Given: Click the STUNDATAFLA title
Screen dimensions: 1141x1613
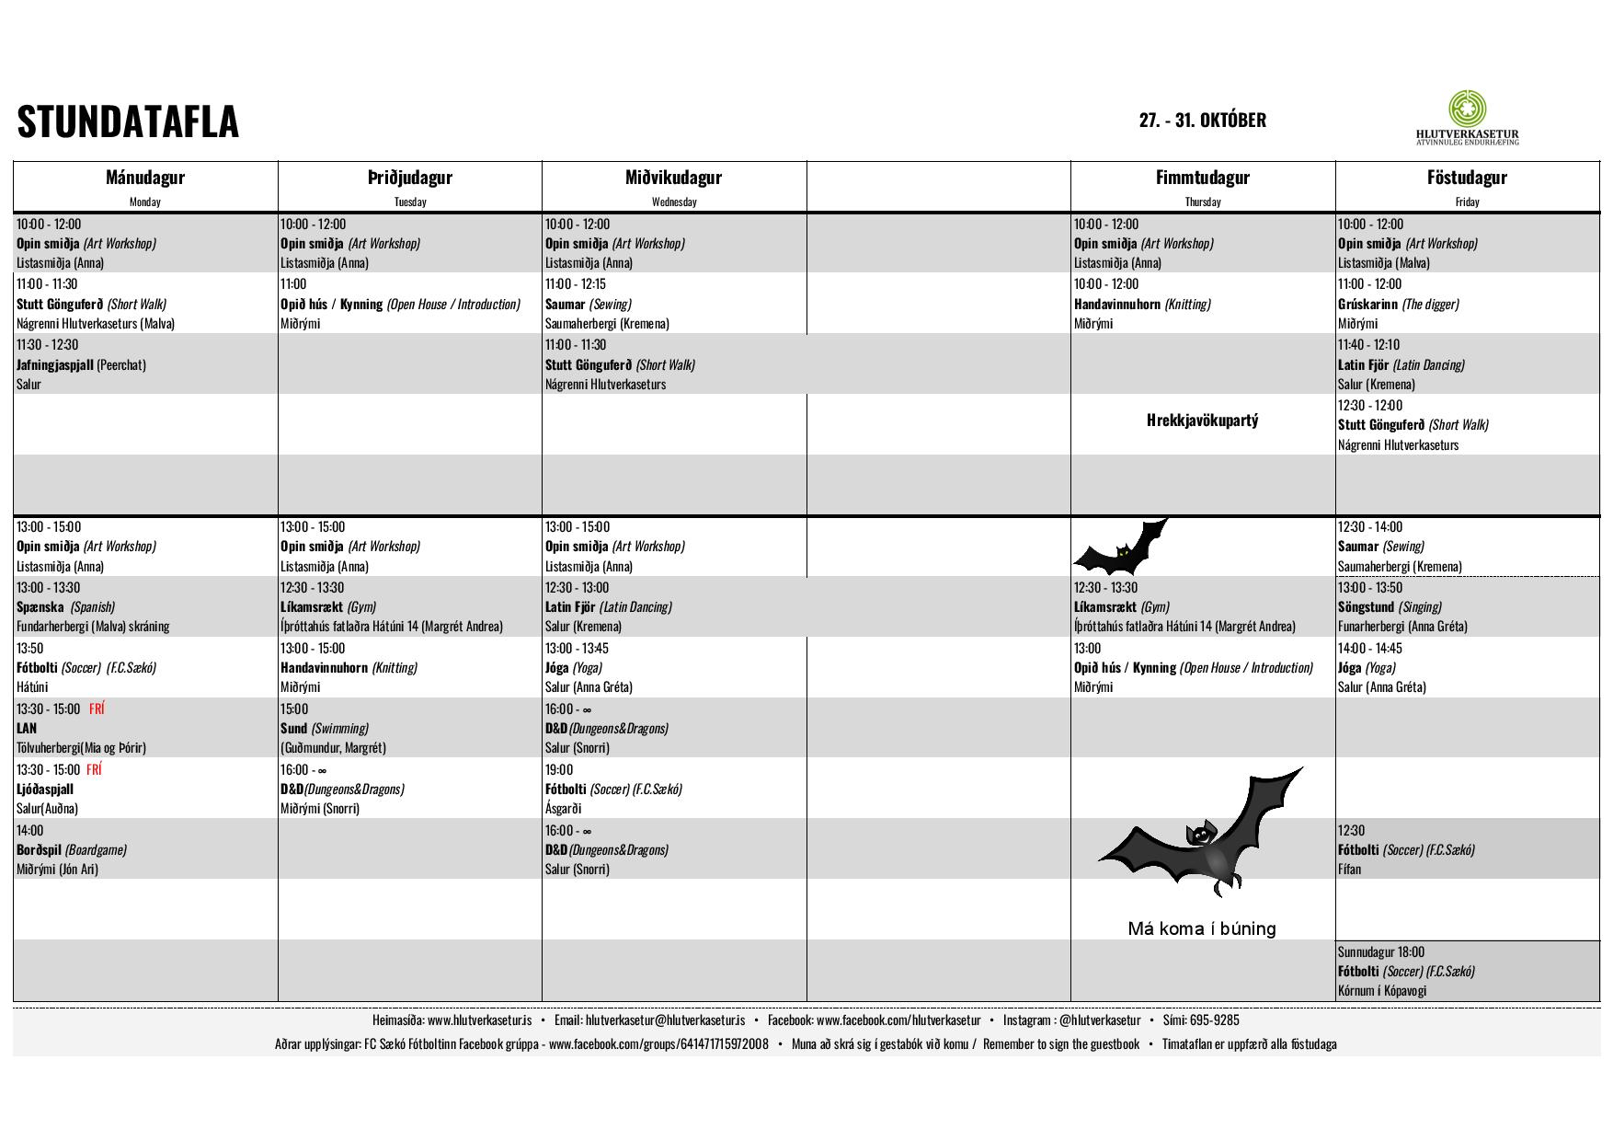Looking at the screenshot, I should pyautogui.click(x=128, y=121).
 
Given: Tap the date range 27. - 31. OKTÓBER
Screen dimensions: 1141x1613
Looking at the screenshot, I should pyautogui.click(x=1202, y=121).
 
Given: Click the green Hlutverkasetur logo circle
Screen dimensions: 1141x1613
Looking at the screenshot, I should pyautogui.click(x=1467, y=109).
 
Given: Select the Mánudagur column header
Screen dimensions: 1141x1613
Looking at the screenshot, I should pyautogui.click(x=145, y=178).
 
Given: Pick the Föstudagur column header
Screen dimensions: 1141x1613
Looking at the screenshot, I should pyautogui.click(x=1467, y=178).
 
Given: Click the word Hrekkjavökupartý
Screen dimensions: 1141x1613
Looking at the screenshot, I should pyautogui.click(x=1202, y=421).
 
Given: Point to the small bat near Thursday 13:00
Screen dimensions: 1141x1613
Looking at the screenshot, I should pyautogui.click(x=1120, y=548).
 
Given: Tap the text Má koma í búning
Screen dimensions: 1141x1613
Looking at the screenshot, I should pyautogui.click(x=1201, y=928).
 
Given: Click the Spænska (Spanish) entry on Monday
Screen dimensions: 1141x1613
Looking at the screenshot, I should pyautogui.click(x=65, y=607).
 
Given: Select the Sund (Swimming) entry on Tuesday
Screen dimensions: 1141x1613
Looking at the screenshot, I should pyautogui.click(x=325, y=729).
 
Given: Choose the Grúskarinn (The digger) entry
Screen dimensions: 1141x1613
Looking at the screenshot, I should pyautogui.click(x=1398, y=305).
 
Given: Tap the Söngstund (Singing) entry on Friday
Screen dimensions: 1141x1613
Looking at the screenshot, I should pyautogui.click(x=1390, y=607).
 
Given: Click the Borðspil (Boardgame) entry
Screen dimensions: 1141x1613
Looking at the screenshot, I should pyautogui.click(x=72, y=850).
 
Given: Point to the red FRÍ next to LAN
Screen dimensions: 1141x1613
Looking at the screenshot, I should pyautogui.click(x=97, y=709).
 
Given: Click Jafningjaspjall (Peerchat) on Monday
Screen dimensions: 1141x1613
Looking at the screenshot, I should pyautogui.click(x=81, y=365).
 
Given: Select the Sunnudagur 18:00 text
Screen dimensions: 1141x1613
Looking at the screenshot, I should pyautogui.click(x=1380, y=951).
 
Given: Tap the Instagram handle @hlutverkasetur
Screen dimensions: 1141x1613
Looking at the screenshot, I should pyautogui.click(x=1100, y=1020).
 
